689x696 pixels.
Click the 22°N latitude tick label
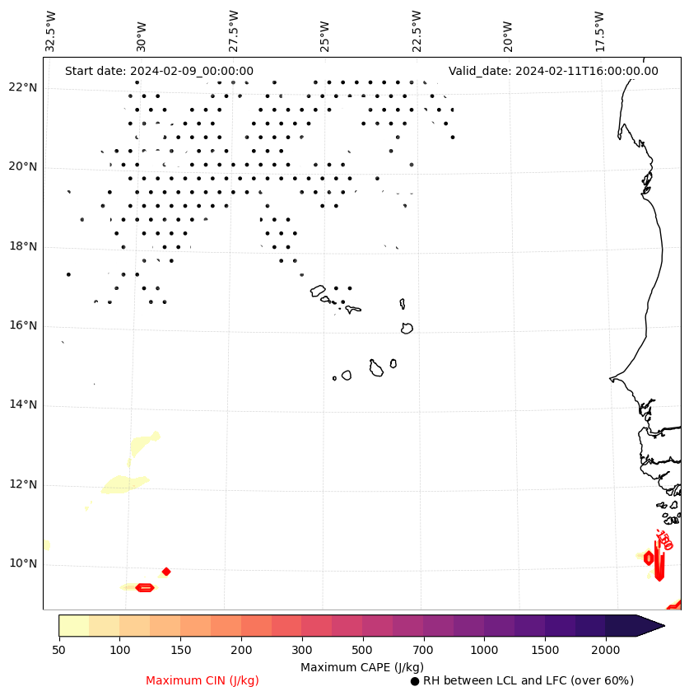pos(22,88)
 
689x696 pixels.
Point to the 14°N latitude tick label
pos(22,405)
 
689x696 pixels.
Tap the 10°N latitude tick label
pos(22,564)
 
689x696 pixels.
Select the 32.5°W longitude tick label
pos(51,31)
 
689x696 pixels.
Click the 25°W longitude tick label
pos(325,31)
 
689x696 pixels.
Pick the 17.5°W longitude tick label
pos(599,31)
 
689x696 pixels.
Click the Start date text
pos(159,72)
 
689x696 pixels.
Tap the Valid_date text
pos(553,72)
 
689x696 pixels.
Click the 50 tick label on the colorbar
pos(58,651)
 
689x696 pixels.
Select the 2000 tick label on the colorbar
pos(606,651)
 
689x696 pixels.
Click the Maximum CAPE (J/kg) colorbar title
pos(362,667)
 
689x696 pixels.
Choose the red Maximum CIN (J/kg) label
pos(203,681)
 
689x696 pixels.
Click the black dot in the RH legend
pos(415,681)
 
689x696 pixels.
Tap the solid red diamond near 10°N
pos(166,572)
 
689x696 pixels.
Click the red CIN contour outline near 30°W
pos(145,587)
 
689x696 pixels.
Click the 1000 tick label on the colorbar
pos(484,651)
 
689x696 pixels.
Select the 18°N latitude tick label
pos(22,246)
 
